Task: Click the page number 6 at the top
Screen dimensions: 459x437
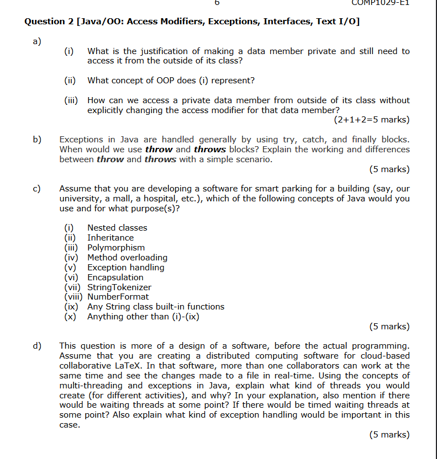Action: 217,3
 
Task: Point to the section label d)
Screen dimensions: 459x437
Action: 36,346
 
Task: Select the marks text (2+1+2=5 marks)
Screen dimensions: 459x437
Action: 372,120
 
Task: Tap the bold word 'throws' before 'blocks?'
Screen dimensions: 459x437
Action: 209,150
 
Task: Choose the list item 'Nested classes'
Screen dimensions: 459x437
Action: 117,228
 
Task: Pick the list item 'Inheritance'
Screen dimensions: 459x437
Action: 110,238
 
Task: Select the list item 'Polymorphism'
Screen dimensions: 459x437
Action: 116,248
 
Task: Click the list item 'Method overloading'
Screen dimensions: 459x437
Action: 127,258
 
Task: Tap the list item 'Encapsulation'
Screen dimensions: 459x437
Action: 115,277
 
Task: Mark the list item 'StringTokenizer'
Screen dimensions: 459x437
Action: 119,287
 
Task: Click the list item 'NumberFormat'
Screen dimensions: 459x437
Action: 118,297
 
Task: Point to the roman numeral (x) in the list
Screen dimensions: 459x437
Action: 70,317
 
